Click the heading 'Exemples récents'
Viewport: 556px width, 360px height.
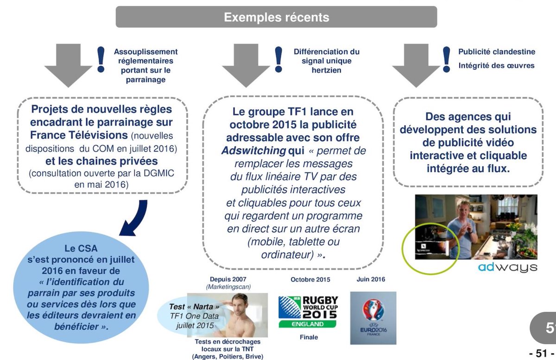276,17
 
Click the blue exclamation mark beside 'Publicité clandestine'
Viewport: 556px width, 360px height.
447,59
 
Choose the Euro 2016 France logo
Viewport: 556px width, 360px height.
373,317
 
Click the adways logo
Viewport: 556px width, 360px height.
507,268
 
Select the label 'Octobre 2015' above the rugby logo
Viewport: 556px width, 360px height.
310,280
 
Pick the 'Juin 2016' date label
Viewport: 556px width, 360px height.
371,279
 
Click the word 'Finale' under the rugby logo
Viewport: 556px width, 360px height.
309,337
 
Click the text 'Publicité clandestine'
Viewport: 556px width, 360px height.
496,52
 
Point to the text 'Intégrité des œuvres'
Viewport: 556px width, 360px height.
496,65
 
